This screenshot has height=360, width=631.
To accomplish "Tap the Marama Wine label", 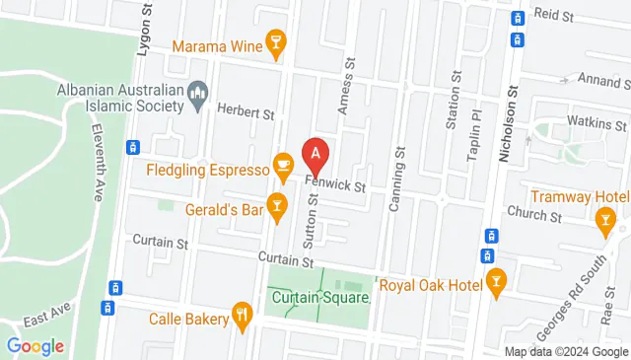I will click(218, 45).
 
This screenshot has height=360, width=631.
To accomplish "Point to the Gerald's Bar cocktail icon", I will click(278, 206).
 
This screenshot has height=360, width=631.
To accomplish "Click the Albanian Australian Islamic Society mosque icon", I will click(196, 96).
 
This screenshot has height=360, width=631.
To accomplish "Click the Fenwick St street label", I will click(336, 184).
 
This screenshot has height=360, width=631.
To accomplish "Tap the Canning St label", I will click(400, 167).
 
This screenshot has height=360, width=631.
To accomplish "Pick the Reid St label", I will click(553, 16).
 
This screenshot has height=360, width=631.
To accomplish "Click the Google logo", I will click(35, 346).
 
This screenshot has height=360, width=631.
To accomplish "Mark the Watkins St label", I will click(597, 125).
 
